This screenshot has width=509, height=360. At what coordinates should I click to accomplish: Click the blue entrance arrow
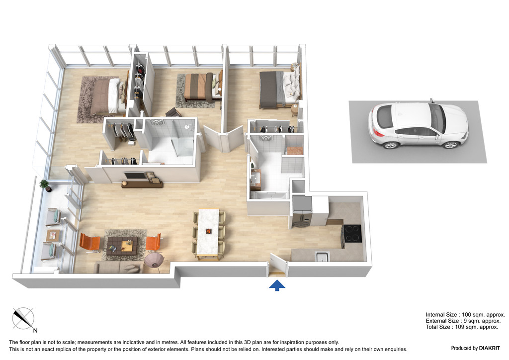click(277, 285)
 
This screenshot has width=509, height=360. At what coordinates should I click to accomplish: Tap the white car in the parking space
click(418, 125)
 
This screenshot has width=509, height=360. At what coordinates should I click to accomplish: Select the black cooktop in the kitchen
click(352, 233)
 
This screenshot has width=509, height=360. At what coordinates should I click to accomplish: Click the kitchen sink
click(322, 257)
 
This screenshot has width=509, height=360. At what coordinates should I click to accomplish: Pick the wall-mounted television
click(135, 176)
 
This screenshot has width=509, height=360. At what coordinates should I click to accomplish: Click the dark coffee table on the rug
click(122, 245)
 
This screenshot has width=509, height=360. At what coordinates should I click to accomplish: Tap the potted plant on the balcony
click(45, 185)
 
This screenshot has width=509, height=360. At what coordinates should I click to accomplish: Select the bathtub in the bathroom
click(269, 195)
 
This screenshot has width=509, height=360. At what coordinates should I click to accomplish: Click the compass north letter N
click(35, 331)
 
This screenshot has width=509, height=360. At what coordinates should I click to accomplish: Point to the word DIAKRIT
click(490, 348)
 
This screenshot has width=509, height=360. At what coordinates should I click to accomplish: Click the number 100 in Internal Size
click(466, 315)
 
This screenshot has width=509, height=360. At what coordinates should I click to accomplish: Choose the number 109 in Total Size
click(460, 327)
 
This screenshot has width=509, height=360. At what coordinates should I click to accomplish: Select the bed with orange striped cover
click(201, 86)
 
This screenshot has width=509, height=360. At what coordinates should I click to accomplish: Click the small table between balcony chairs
click(53, 235)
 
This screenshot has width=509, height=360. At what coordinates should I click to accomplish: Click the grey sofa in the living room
click(118, 267)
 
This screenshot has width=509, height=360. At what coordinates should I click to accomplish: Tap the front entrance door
click(278, 265)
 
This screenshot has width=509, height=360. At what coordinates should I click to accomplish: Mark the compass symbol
click(23, 318)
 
